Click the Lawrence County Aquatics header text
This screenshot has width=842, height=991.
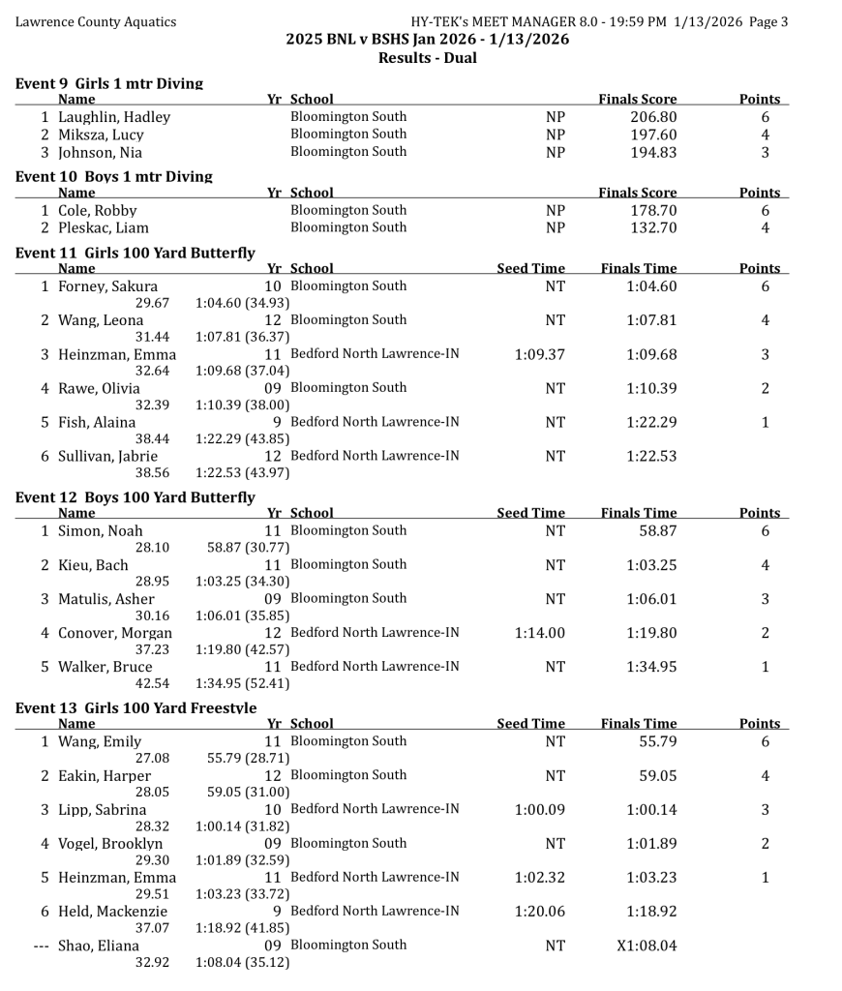[x=96, y=21]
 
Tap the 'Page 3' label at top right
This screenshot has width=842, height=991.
[x=764, y=21]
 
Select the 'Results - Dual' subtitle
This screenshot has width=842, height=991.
[x=427, y=58]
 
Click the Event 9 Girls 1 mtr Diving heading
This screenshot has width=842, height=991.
[x=109, y=84]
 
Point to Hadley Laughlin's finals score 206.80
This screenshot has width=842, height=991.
[x=653, y=117]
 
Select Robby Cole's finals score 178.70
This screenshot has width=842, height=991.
[x=653, y=211]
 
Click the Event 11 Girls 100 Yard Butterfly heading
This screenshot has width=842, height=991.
[x=135, y=253]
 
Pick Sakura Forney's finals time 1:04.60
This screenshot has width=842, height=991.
[x=651, y=286]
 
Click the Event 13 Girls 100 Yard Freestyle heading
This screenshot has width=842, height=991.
[x=136, y=708]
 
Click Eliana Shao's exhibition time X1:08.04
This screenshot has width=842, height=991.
[x=647, y=946]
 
